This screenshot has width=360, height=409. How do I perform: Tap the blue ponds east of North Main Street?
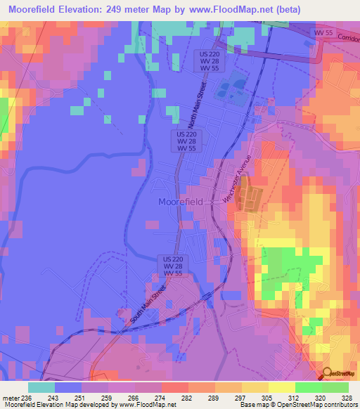coord(232,87)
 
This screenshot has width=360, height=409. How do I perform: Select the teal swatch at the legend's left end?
coord(41,387)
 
